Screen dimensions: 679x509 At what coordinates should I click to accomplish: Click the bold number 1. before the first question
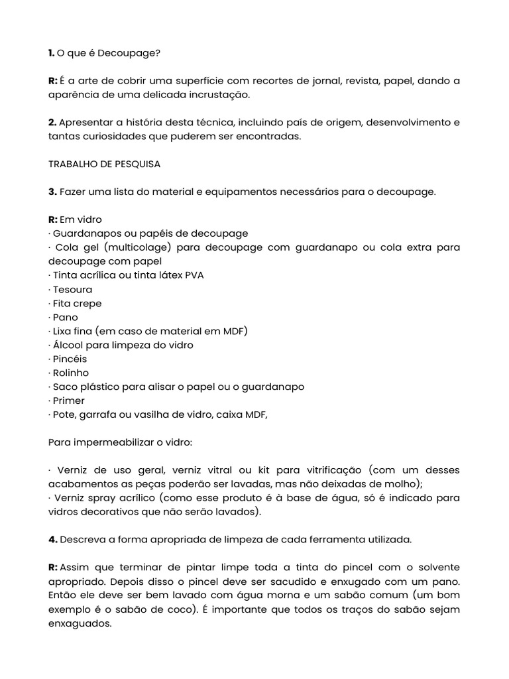point(52,52)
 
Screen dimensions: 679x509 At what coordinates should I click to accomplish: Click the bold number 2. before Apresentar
point(53,123)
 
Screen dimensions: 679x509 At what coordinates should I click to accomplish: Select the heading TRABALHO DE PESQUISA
point(105,164)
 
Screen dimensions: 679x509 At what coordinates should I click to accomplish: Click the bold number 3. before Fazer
point(53,192)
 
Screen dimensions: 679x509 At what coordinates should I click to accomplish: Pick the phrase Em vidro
point(81,219)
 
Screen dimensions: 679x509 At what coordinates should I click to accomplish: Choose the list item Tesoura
point(73,289)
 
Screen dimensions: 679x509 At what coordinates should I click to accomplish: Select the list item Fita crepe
point(78,303)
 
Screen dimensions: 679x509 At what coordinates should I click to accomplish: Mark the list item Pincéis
point(70,359)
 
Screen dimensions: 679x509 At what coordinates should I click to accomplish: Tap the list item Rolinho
point(71,373)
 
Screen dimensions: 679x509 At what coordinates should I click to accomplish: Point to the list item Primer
point(69,401)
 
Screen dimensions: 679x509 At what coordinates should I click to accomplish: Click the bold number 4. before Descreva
point(53,540)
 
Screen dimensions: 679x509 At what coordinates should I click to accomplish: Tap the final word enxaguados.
point(80,623)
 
